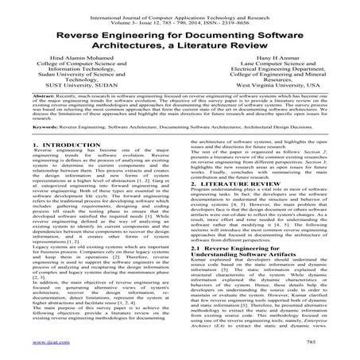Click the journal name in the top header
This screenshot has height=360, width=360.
(180, 8)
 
